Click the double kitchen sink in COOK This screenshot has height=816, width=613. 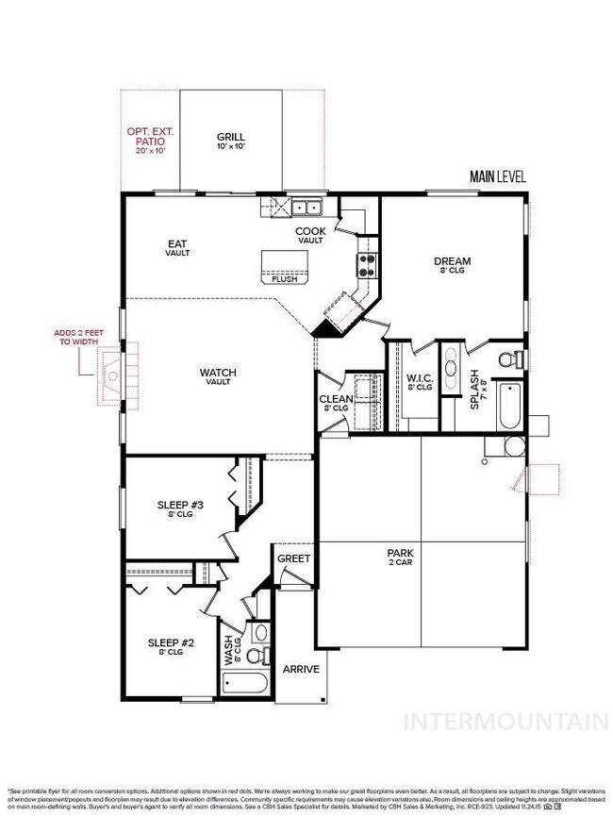coord(306,208)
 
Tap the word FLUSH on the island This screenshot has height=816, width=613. coord(283,279)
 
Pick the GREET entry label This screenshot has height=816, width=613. coord(293,558)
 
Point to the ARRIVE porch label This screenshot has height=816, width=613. coord(302,670)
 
